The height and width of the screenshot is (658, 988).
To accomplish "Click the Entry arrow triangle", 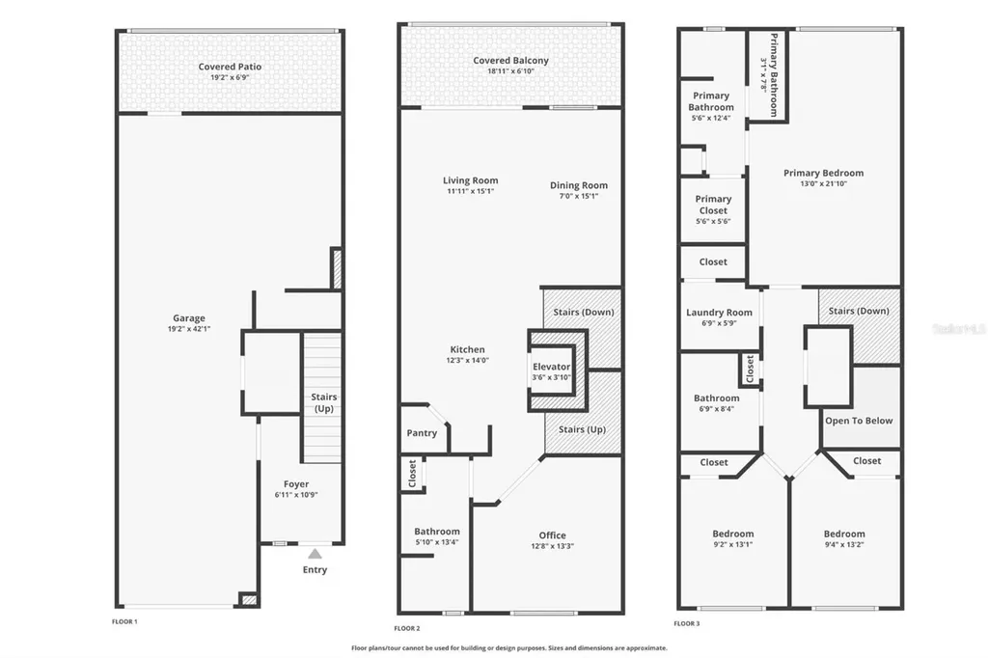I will tap(315, 554).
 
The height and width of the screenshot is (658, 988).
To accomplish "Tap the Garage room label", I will tap(189, 318).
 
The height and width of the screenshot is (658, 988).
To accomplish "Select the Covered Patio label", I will tap(230, 67).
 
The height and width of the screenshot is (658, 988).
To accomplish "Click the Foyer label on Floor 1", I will tap(296, 484).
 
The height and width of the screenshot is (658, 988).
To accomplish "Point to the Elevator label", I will tap(552, 367).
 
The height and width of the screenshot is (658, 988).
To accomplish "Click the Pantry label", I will tap(422, 433).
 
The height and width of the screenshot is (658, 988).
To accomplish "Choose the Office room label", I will tap(553, 535).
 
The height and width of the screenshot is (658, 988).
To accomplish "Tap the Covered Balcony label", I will tap(510, 61).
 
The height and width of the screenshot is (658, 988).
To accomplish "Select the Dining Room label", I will tap(579, 185).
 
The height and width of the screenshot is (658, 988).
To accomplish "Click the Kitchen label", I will tap(467, 349).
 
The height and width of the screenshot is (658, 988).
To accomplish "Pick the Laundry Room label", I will tap(719, 313).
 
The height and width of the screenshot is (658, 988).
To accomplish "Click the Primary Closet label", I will tap(712, 205).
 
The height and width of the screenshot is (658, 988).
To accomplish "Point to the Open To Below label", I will tap(859, 421).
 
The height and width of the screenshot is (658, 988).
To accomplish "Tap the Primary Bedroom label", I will tap(823, 174).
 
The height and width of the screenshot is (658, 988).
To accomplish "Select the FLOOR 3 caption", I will tap(688, 623).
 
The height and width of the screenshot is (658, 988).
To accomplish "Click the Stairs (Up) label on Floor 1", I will tap(322, 403).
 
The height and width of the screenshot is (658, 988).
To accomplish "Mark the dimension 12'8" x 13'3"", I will tap(553, 547).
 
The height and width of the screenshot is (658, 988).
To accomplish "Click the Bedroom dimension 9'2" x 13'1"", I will tap(733, 545).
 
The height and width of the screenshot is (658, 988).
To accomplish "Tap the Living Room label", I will tap(471, 180).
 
